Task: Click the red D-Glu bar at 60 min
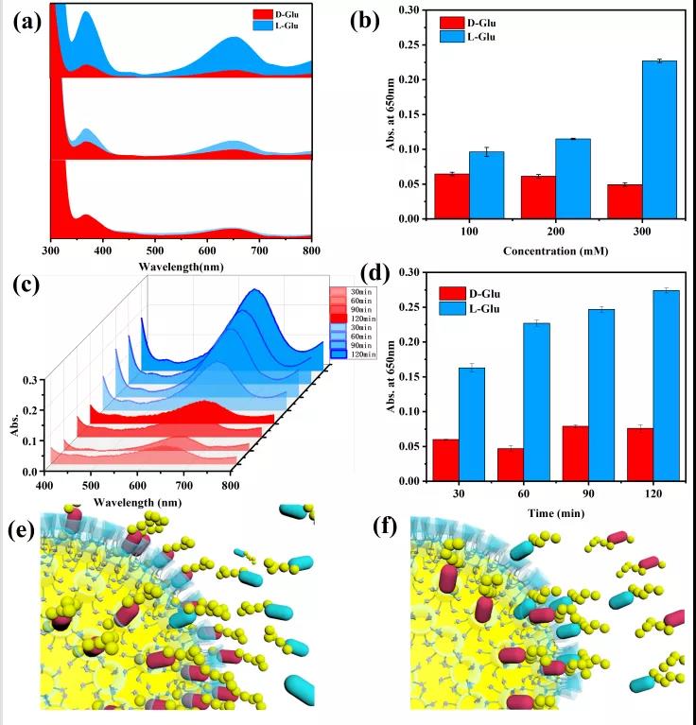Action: tap(510, 464)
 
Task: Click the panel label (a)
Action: tap(26, 22)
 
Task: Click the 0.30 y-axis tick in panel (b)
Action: tap(405, 10)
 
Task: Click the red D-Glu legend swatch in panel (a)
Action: tap(263, 15)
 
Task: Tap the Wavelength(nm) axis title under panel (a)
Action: tap(180, 266)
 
